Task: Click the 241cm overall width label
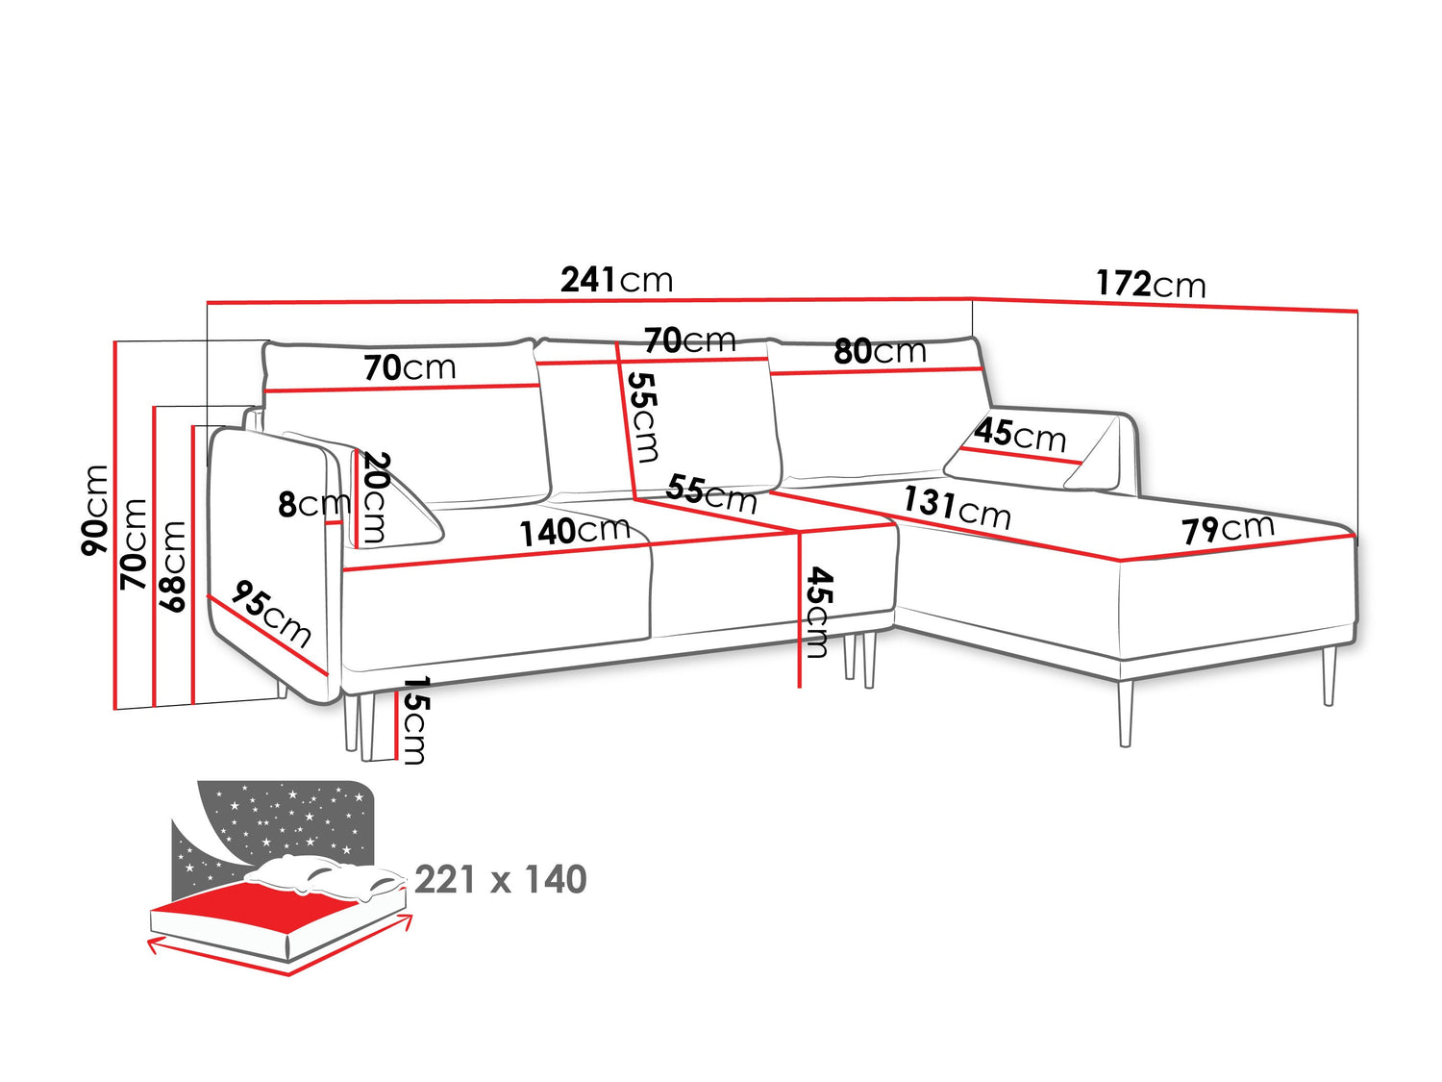(616, 280)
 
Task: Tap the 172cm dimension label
(1151, 284)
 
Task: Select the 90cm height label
(94, 510)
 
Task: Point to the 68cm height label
(171, 566)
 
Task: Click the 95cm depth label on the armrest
(270, 614)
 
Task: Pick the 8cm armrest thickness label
(314, 504)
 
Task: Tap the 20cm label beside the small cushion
(375, 497)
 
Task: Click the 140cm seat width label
(575, 532)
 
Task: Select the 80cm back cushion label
(880, 351)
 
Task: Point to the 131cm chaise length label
(957, 507)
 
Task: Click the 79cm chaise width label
(1228, 529)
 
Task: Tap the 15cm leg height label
(414, 720)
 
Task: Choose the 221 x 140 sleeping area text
(500, 880)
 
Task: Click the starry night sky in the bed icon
(289, 815)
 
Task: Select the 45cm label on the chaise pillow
(1020, 435)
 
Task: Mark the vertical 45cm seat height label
(818, 613)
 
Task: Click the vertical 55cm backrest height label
(642, 417)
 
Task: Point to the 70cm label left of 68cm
(134, 544)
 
